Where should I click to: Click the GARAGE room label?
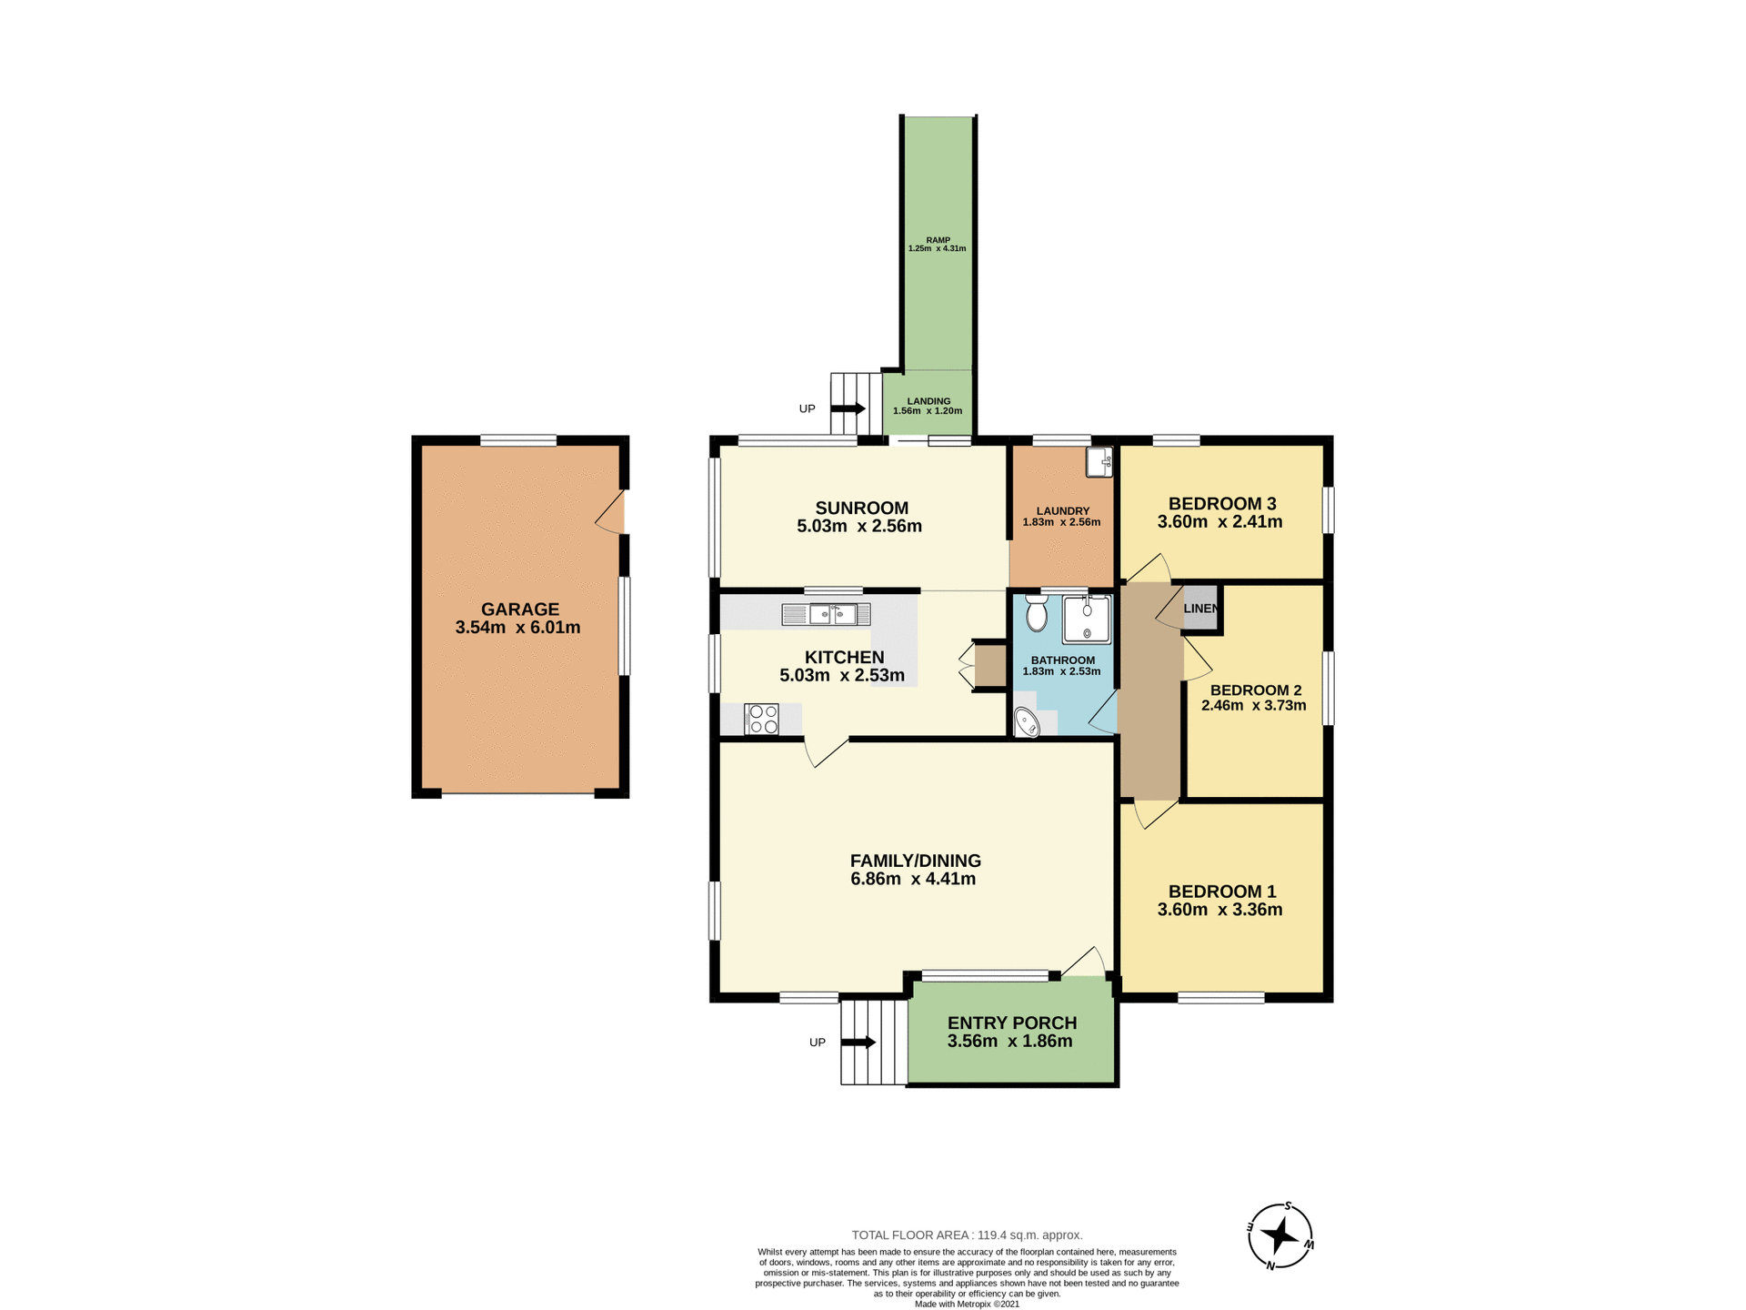click(x=519, y=610)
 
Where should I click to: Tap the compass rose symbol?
click(x=1279, y=1236)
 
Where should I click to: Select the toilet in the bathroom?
click(x=1036, y=614)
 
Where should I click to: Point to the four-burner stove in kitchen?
click(x=761, y=719)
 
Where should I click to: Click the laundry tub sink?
click(x=1099, y=461)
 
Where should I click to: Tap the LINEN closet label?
click(x=1199, y=609)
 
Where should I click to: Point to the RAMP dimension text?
click(x=937, y=248)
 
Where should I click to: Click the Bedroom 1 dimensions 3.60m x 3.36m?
click(x=1219, y=910)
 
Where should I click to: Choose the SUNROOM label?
click(x=861, y=508)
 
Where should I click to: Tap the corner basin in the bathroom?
click(x=1027, y=723)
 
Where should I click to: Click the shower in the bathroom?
click(x=1087, y=620)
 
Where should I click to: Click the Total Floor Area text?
click(x=967, y=1234)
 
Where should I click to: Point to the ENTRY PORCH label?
click(x=1011, y=1023)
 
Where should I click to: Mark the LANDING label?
click(x=928, y=401)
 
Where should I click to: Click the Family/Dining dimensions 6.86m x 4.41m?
click(x=913, y=879)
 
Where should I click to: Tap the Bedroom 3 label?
click(x=1221, y=503)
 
